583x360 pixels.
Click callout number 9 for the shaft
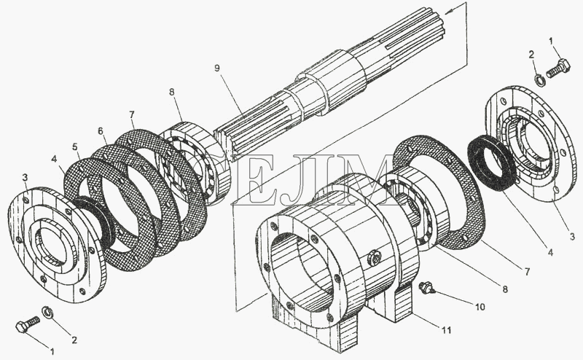pyautogui.click(x=217, y=68)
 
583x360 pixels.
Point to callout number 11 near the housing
pyautogui.click(x=446, y=330)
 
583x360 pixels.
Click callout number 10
pyautogui.click(x=480, y=307)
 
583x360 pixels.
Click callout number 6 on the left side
pyautogui.click(x=101, y=130)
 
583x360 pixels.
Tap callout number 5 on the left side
pyautogui.click(x=77, y=146)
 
